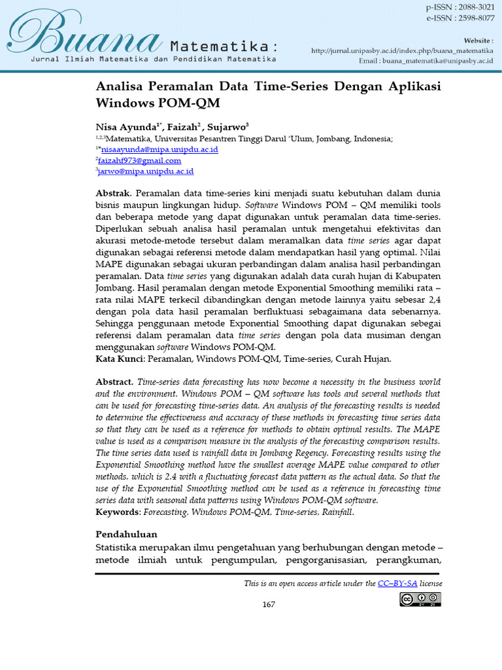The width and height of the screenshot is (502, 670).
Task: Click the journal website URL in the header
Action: pos(402,50)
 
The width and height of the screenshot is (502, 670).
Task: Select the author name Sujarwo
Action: pos(222,127)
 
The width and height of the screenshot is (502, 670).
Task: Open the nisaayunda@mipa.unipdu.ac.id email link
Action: pos(159,150)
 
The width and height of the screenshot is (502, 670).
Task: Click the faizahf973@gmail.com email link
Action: pos(140,160)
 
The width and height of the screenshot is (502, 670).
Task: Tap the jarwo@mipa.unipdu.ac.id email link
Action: pos(146,171)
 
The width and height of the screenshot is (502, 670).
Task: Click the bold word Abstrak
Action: pos(113,194)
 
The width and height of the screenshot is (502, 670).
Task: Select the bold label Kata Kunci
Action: pos(120,359)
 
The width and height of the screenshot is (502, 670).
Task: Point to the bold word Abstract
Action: pos(114,382)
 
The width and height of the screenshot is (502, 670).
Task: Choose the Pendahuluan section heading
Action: pos(126,535)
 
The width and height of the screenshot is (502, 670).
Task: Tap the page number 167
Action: pos(269,604)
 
